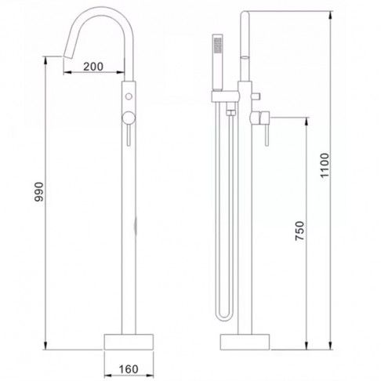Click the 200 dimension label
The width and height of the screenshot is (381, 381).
(x=93, y=67)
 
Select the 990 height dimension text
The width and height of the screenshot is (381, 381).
(x=39, y=192)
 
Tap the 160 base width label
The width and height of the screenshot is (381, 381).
(x=129, y=369)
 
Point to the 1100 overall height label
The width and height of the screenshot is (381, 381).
(x=325, y=165)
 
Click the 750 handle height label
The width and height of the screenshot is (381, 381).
(x=299, y=230)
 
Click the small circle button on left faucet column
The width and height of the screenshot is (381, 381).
(x=129, y=96)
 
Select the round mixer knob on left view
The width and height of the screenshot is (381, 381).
(x=129, y=118)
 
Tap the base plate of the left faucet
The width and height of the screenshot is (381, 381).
(x=129, y=342)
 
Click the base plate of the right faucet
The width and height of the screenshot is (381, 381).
(x=245, y=342)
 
